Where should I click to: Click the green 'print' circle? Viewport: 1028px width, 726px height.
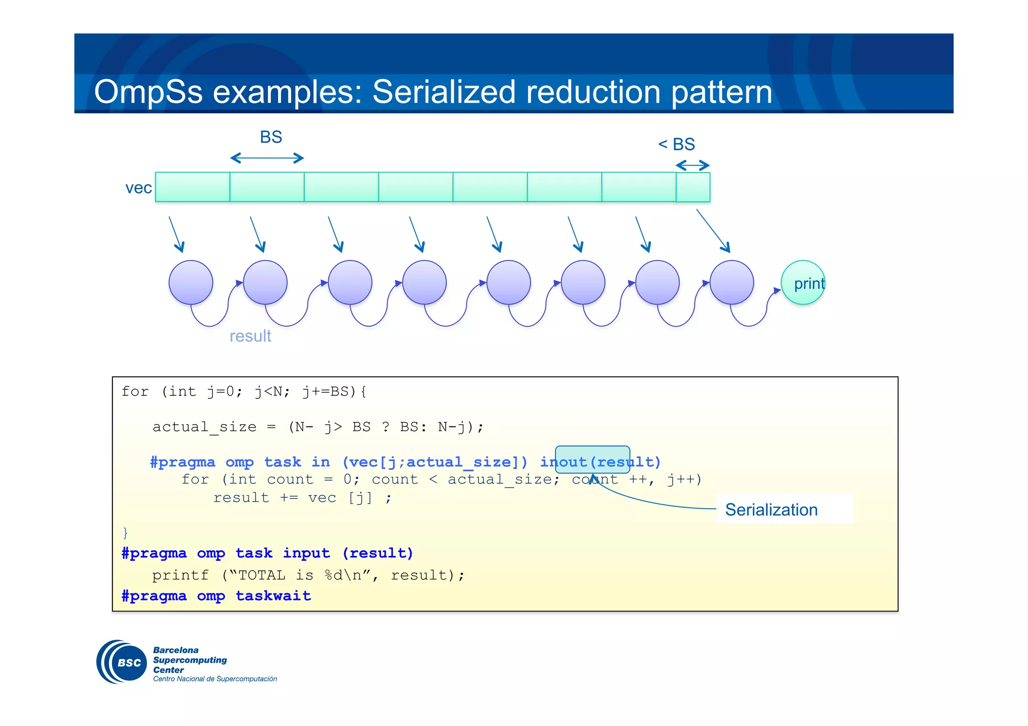pyautogui.click(x=803, y=282)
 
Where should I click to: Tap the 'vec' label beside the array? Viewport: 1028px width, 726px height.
pyautogui.click(x=138, y=188)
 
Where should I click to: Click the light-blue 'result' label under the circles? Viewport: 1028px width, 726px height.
pyautogui.click(x=250, y=336)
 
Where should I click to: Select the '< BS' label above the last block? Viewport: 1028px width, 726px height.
pyautogui.click(x=677, y=144)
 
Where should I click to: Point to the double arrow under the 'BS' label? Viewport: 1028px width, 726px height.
pyautogui.click(x=267, y=159)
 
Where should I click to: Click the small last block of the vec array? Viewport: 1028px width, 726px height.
pyautogui.click(x=693, y=187)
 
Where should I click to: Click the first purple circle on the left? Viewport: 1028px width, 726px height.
pyautogui.click(x=191, y=282)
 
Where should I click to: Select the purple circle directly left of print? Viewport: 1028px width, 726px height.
pyautogui.click(x=731, y=282)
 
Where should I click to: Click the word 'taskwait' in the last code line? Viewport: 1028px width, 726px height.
pyautogui.click(x=273, y=596)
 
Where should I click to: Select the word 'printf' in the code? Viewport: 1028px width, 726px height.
pyautogui.click(x=180, y=575)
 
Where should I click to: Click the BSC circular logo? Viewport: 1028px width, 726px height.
pyautogui.click(x=121, y=662)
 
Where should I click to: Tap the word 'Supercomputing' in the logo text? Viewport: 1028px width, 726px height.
pyautogui.click(x=190, y=660)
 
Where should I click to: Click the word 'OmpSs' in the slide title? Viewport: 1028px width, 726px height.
pyautogui.click(x=148, y=92)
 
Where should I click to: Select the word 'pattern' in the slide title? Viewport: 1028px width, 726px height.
pyautogui.click(x=721, y=92)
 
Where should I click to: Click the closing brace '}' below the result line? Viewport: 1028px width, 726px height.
pyautogui.click(x=125, y=532)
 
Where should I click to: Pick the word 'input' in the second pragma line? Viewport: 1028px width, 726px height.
pyautogui.click(x=306, y=553)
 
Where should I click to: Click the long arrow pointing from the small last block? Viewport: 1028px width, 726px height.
pyautogui.click(x=713, y=231)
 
